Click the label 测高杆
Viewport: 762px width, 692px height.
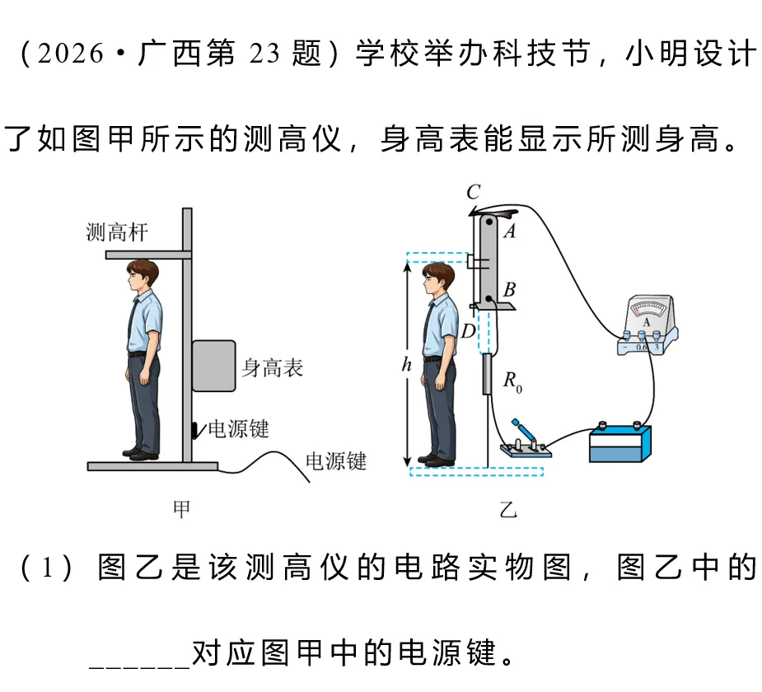pyautogui.click(x=117, y=232)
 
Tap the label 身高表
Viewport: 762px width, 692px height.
pyautogui.click(x=273, y=368)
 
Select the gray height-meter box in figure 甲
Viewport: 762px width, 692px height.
pyautogui.click(x=214, y=366)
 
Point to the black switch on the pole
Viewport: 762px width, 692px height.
pyautogui.click(x=196, y=430)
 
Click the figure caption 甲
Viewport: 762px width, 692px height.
pyautogui.click(x=181, y=509)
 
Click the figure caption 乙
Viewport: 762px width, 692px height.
pyautogui.click(x=508, y=510)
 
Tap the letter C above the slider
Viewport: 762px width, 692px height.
pyautogui.click(x=474, y=193)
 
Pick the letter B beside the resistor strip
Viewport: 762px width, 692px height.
pyautogui.click(x=509, y=290)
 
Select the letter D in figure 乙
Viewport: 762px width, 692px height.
pyautogui.click(x=468, y=331)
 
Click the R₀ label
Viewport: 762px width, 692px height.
pyautogui.click(x=512, y=381)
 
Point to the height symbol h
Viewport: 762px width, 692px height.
pyautogui.click(x=407, y=364)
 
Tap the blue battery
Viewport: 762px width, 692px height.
pyautogui.click(x=620, y=444)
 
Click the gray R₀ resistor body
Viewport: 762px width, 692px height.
pyautogui.click(x=488, y=374)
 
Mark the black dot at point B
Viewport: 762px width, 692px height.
pyautogui.click(x=489, y=299)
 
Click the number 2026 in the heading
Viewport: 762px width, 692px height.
pyautogui.click(x=70, y=53)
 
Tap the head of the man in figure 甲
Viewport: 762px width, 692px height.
pyautogui.click(x=142, y=275)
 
